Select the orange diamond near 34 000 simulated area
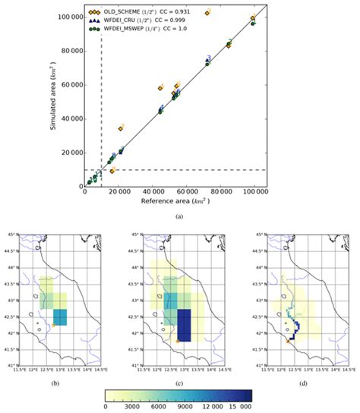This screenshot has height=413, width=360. coord(120,128)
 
